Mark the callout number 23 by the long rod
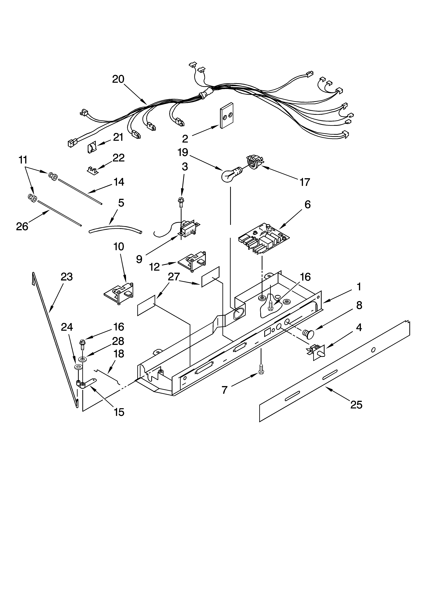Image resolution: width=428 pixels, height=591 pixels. click(66, 277)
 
